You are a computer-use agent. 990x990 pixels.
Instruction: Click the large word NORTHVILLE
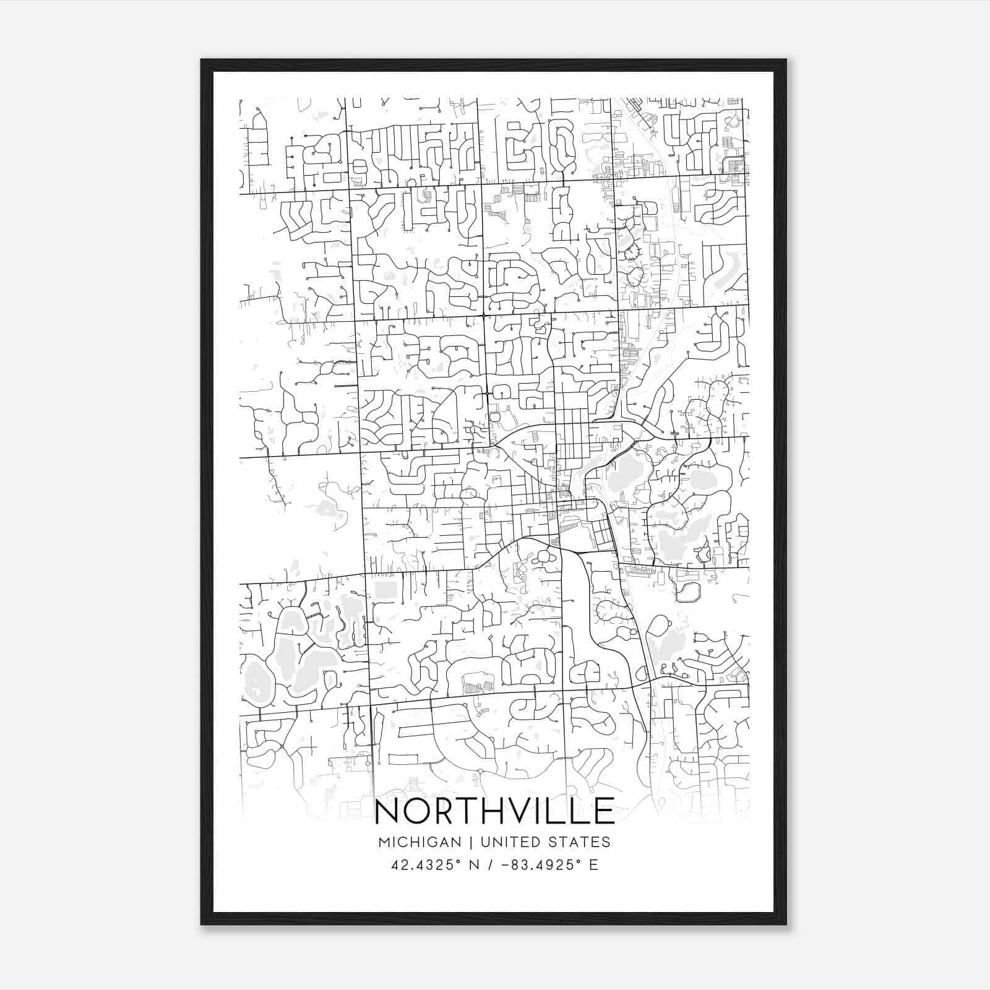[494, 811]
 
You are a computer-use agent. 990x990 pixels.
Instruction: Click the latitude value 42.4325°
[426, 864]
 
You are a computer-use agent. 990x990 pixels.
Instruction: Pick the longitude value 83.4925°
[543, 864]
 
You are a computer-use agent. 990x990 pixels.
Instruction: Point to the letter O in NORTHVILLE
[419, 811]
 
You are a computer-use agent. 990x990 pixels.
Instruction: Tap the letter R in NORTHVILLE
[447, 811]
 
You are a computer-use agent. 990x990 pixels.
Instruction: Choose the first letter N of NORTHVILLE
[389, 811]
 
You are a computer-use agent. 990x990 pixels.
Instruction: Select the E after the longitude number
[594, 864]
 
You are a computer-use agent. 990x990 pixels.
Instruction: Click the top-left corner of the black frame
[202, 61]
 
